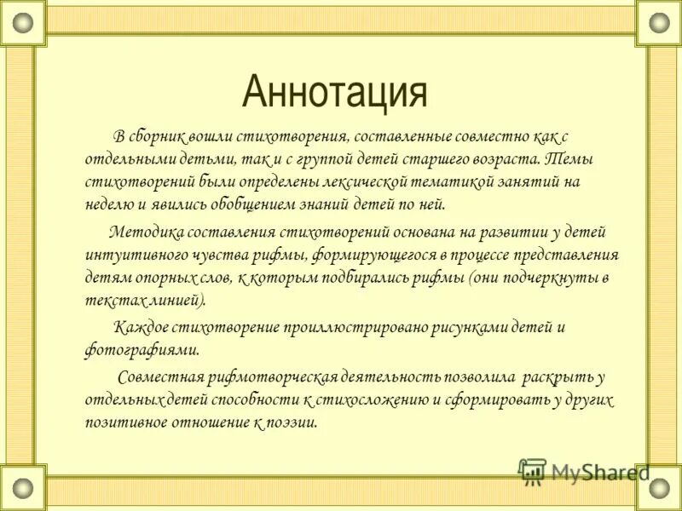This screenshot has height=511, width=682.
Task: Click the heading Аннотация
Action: pos(334,92)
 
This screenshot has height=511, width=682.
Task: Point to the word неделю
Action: pos(109,204)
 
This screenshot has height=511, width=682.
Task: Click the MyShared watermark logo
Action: pos(583,471)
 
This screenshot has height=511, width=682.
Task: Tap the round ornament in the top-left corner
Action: pos(23,22)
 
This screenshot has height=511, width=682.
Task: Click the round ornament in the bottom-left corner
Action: pos(23,488)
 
